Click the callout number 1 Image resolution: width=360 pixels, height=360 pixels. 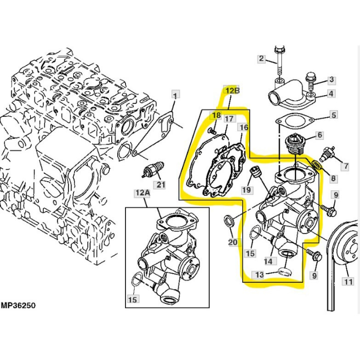pyautogui.click(x=176, y=95)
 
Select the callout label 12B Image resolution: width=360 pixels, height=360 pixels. pyautogui.click(x=232, y=91)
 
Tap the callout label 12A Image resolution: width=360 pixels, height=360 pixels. pyautogui.click(x=143, y=193)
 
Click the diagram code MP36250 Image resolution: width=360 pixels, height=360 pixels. pyautogui.click(x=19, y=305)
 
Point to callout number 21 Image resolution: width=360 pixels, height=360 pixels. pyautogui.click(x=160, y=185)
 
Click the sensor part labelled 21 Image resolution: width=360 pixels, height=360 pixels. pyautogui.click(x=153, y=169)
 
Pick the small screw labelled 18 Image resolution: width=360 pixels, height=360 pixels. pyautogui.click(x=213, y=131)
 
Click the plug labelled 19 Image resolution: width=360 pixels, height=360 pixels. pyautogui.click(x=255, y=172)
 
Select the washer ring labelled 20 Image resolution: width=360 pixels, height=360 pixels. pyautogui.click(x=229, y=221)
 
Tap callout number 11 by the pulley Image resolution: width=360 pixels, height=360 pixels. pyautogui.click(x=348, y=281)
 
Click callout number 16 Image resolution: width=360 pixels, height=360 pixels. pyautogui.click(x=244, y=127)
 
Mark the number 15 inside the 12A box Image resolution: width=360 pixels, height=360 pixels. pyautogui.click(x=133, y=300)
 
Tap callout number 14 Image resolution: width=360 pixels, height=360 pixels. pyautogui.click(x=268, y=261)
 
